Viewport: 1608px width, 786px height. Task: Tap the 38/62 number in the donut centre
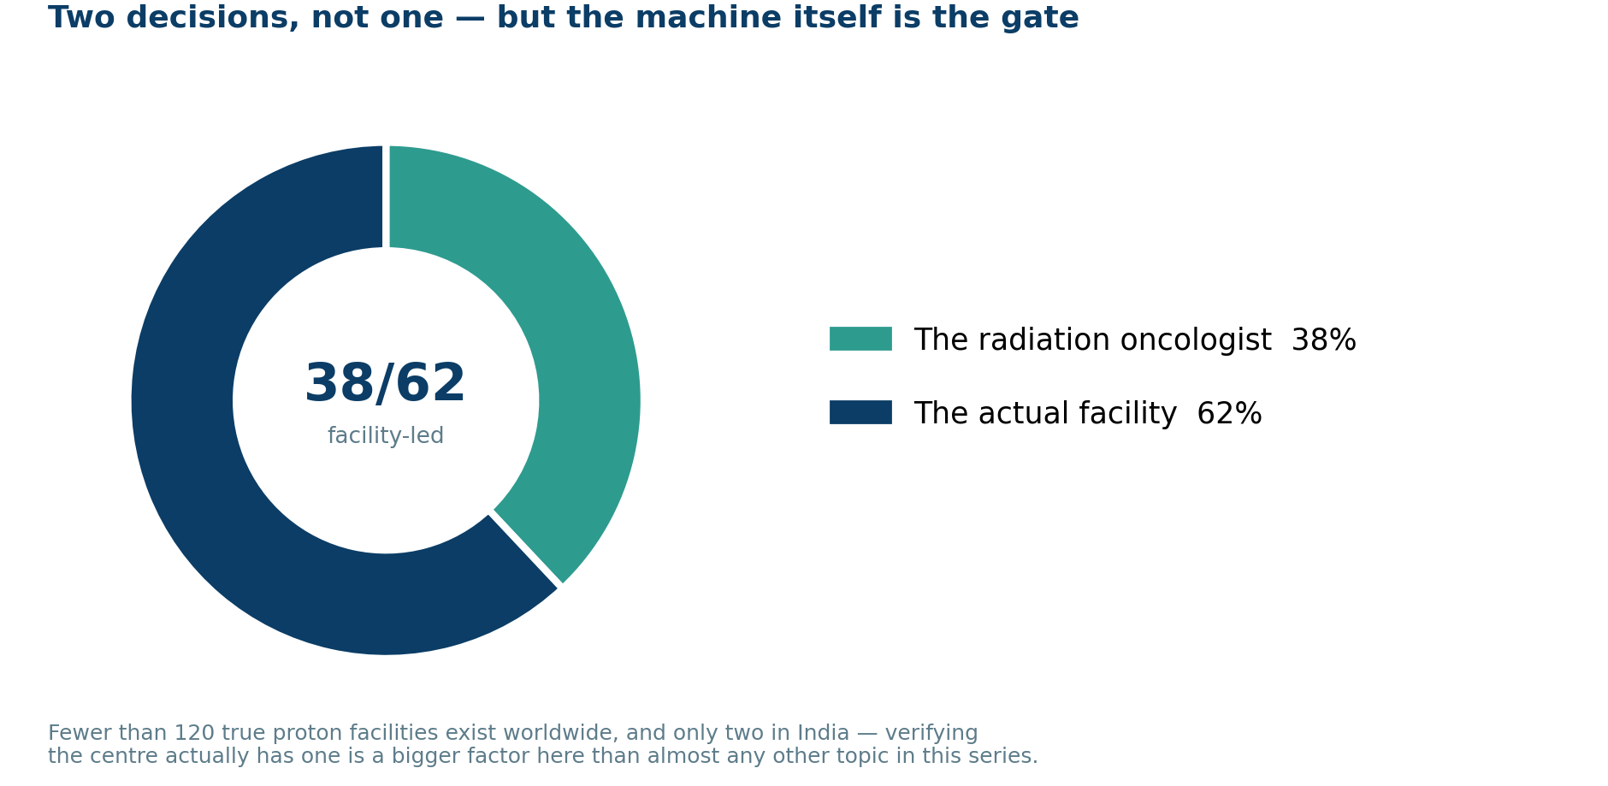click(x=385, y=384)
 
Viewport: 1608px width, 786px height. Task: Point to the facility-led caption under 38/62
click(x=386, y=436)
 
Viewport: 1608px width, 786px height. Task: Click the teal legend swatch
click(x=860, y=339)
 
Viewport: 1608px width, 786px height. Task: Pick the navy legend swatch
click(x=860, y=412)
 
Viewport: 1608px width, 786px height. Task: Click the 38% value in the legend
click(x=1323, y=340)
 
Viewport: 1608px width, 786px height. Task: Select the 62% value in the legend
click(x=1229, y=414)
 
